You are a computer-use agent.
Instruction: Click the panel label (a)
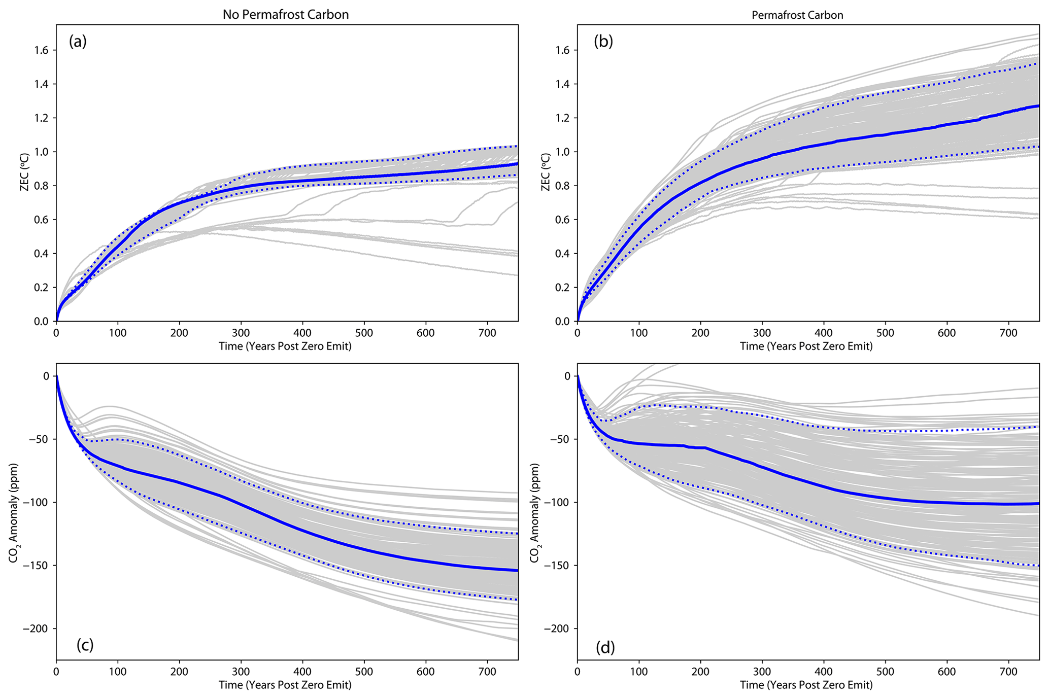coord(78,42)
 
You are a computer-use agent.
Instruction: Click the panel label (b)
coord(603,42)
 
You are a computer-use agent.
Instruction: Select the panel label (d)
coord(605,647)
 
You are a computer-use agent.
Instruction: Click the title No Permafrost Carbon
coord(286,15)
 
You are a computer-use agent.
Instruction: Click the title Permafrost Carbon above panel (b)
coord(797,15)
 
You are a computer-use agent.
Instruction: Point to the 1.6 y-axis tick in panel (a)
coord(42,50)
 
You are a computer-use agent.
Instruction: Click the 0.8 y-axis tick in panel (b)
coord(563,186)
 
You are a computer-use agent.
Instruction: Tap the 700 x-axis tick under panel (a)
coord(487,333)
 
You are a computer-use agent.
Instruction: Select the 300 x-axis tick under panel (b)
coord(762,333)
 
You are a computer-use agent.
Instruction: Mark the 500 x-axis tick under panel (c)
coord(364,672)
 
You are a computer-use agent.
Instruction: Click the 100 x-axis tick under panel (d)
coord(639,672)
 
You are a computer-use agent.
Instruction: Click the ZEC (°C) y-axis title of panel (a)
coord(24,172)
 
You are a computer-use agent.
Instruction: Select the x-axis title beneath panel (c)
coord(285,685)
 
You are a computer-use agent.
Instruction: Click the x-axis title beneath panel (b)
coord(806,346)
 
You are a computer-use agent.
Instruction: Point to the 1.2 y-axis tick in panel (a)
coord(42,118)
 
